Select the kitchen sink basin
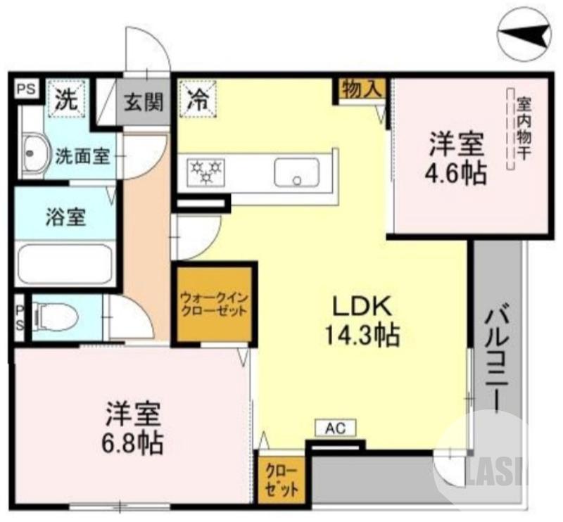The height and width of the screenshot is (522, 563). [x=296, y=172]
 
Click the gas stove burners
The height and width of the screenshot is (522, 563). [x=205, y=170]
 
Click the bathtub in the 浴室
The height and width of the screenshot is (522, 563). [x=65, y=265]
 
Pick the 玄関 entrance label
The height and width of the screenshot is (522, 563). [x=144, y=102]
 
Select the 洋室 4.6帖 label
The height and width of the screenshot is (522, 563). [x=457, y=158]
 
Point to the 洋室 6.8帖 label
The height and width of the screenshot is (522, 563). [x=134, y=427]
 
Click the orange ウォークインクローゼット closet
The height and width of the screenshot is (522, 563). [x=213, y=304]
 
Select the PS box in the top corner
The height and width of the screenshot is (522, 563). [x=26, y=89]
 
